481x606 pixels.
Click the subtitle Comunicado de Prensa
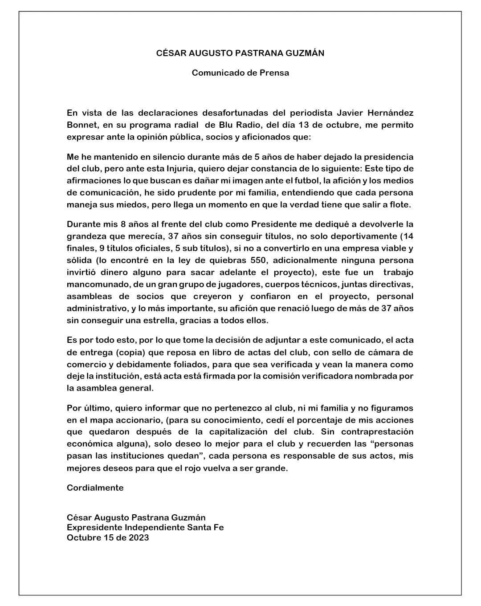(240, 73)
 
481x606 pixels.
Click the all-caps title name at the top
(240, 53)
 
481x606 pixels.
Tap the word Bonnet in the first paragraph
(80, 125)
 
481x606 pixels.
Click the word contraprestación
(371, 431)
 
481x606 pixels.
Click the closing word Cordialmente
(95, 488)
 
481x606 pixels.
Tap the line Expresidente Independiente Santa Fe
(145, 528)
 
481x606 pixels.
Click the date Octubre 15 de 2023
(108, 537)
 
